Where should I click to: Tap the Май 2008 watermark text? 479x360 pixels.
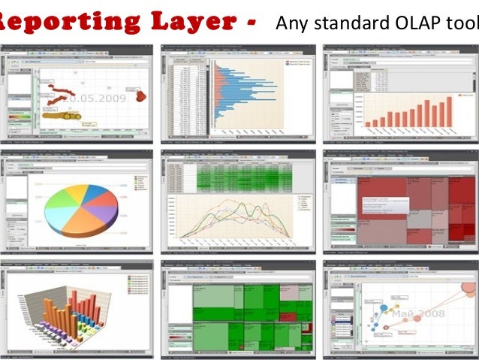(416, 313)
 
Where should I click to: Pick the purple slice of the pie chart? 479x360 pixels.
(102, 213)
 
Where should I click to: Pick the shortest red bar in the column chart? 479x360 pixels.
(369, 123)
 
